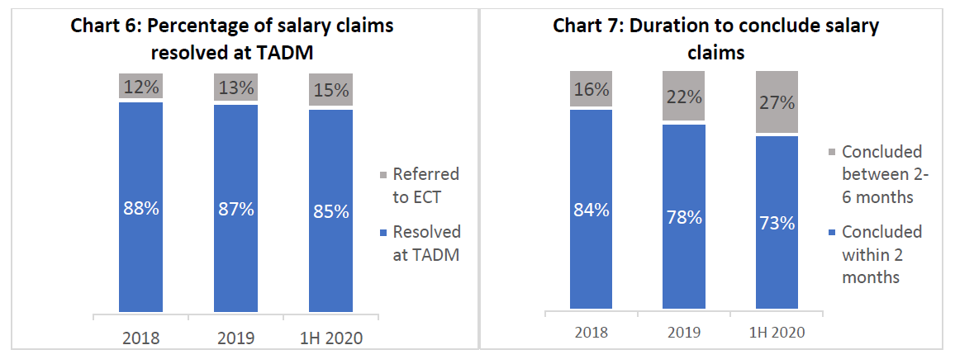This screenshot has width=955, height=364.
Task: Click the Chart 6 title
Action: coord(231,39)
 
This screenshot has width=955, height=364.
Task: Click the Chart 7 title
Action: coord(715,39)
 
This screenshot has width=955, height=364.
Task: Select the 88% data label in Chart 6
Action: coord(140,209)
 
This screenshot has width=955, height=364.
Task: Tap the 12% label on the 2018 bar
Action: coord(140,86)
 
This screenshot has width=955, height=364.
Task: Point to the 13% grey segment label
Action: coord(235,88)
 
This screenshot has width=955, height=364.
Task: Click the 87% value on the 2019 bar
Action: coord(235,209)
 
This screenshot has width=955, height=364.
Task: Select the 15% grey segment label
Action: coord(330,90)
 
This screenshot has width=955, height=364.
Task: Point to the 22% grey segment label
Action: coord(683,97)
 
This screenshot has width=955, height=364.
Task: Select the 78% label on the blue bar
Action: coord(683,217)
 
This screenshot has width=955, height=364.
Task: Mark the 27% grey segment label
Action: coord(777,102)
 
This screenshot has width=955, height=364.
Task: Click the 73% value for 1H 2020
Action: coord(777,223)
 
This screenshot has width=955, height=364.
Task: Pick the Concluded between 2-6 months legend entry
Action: coord(881,174)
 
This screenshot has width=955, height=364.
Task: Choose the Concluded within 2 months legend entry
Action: coord(881,254)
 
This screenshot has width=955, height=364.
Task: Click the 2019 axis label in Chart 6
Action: coord(235,338)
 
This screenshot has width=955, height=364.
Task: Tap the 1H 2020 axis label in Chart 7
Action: coord(777,333)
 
